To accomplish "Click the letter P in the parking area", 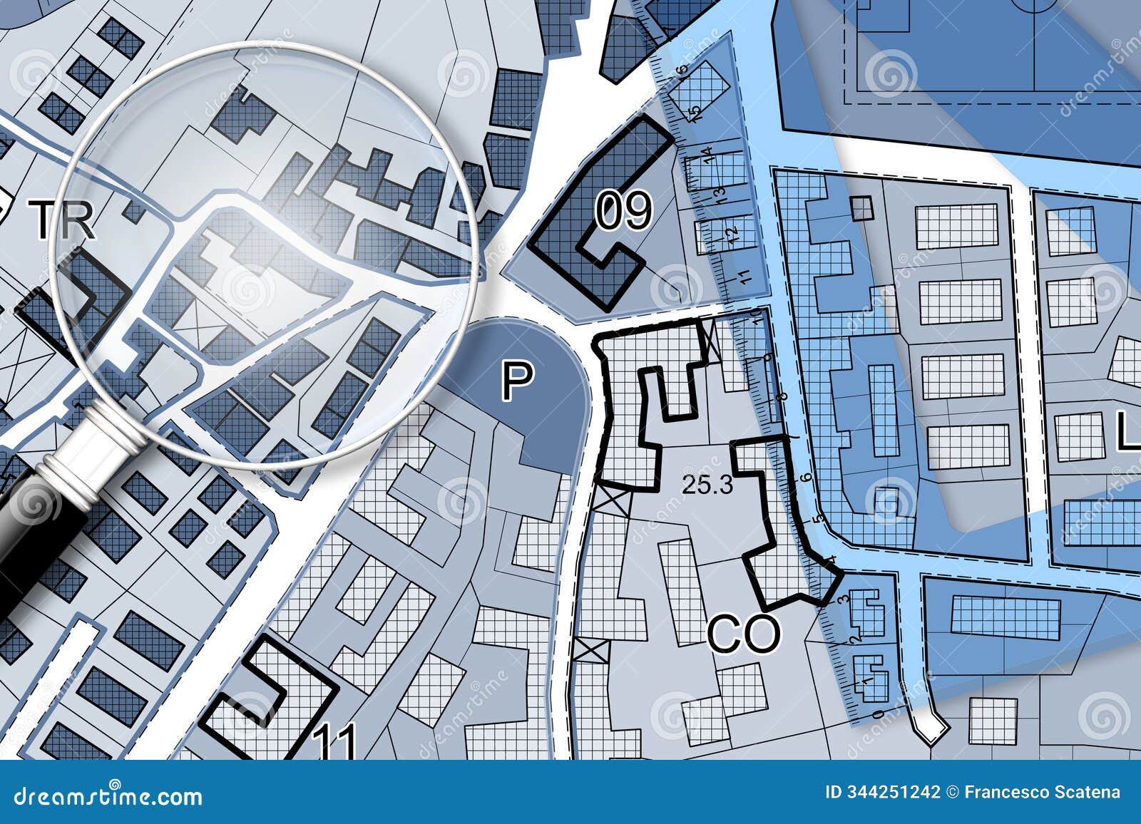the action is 517,381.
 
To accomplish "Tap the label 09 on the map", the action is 624,212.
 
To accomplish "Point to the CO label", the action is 744,634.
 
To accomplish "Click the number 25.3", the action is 707,485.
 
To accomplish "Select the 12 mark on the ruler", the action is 730,233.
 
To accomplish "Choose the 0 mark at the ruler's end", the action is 876,714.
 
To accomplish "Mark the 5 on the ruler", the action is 818,518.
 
